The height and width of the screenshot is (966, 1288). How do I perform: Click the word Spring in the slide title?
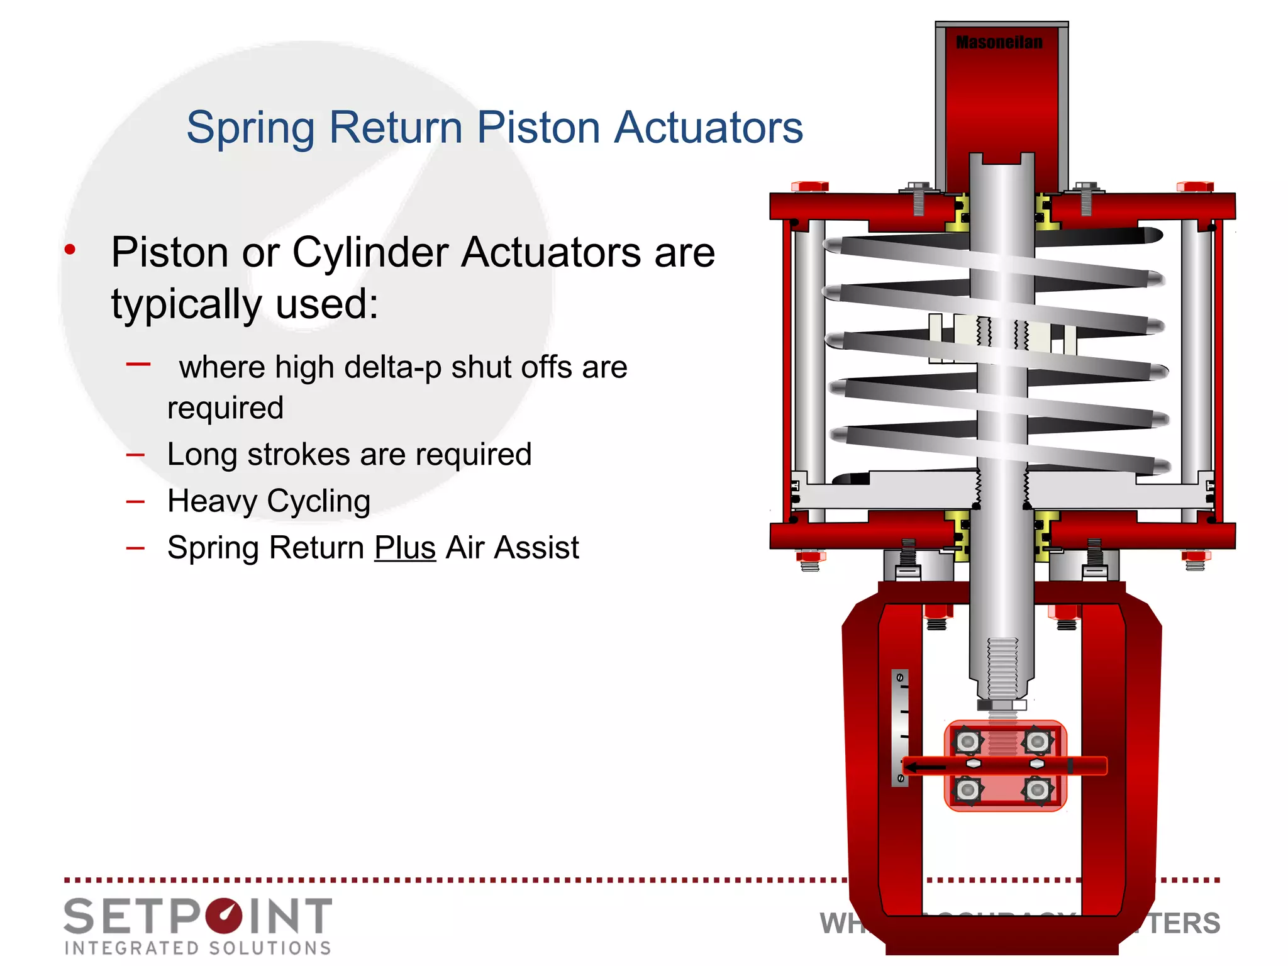[x=250, y=128]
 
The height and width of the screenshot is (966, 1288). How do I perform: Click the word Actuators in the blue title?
[x=708, y=128]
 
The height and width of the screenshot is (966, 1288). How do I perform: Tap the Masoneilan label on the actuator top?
[x=999, y=43]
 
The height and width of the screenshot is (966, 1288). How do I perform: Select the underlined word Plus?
[x=405, y=547]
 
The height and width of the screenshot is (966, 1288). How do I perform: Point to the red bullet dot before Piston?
[x=70, y=250]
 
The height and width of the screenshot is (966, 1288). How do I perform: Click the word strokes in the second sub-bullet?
[x=299, y=455]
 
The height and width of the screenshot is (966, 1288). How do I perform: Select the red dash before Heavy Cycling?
[x=135, y=502]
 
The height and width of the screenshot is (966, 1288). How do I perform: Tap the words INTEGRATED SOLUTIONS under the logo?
[x=197, y=948]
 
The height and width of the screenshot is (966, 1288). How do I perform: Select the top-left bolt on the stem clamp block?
[x=968, y=742]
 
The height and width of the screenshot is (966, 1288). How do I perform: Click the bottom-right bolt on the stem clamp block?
[x=1037, y=789]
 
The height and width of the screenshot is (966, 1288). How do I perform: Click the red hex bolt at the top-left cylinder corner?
[x=809, y=186]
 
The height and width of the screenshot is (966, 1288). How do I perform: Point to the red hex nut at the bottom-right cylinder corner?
[x=1195, y=556]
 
